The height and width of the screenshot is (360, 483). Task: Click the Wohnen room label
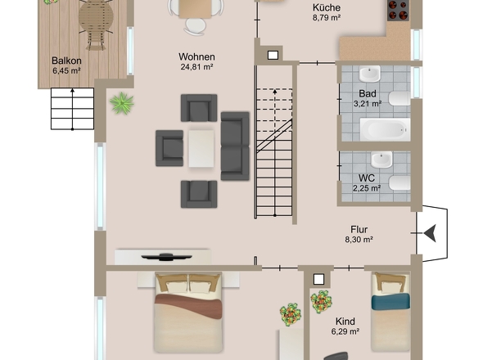pos(196,57)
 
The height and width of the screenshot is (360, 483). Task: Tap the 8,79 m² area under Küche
pos(327,18)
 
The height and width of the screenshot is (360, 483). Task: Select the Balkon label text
pos(66,61)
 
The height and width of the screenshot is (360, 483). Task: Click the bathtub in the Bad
pos(385,129)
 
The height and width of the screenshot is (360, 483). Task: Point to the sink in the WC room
pos(381,160)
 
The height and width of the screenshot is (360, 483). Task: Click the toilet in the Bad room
pos(399,98)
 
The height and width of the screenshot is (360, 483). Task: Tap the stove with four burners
pos(399,11)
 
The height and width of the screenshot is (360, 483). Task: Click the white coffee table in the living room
pos(201,148)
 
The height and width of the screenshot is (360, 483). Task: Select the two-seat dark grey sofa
pos(235,146)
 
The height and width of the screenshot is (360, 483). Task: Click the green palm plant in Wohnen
pos(122,103)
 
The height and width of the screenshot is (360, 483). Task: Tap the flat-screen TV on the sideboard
pos(166,257)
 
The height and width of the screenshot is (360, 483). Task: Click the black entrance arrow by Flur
pos(430,233)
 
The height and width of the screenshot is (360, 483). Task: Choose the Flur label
pos(359,230)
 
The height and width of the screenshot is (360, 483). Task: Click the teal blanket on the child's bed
pos(390,301)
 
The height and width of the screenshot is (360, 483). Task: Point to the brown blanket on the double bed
pos(188,305)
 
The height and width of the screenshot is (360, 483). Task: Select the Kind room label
pos(345,322)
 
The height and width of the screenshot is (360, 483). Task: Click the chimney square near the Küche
pos(273,55)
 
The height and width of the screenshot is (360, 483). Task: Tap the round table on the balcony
pos(96,16)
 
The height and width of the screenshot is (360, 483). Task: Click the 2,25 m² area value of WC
pos(367,188)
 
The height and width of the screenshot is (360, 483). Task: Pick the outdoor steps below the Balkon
pos(72,109)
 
